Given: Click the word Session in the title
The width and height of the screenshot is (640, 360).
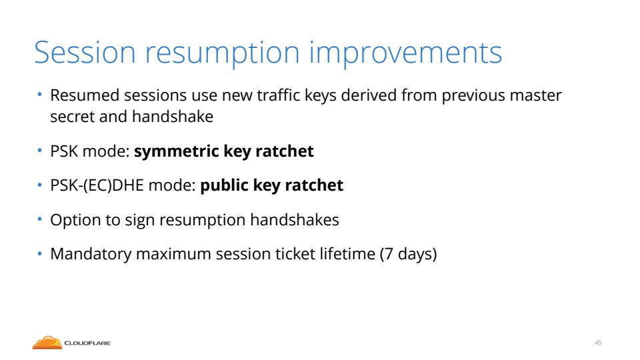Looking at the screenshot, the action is [x=85, y=52].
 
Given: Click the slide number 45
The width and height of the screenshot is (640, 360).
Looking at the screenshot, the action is [x=598, y=343].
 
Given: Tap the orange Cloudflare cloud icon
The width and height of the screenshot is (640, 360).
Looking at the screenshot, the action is [x=47, y=343].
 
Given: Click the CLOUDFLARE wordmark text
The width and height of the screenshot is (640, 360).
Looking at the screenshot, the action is [x=88, y=343].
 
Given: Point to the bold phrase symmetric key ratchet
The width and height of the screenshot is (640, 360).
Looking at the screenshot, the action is [x=224, y=151].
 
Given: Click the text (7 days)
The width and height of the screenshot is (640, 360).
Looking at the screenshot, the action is [x=408, y=254].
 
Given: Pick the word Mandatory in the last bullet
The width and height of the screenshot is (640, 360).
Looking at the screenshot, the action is [x=91, y=254].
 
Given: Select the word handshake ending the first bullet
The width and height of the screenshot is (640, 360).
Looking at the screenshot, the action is [x=173, y=117].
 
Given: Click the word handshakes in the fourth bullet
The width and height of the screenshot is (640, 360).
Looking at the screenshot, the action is [x=295, y=220].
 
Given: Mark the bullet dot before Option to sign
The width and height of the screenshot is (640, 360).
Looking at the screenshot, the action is [x=39, y=219].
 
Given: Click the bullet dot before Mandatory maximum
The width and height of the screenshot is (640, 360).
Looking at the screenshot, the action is [x=39, y=253].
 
